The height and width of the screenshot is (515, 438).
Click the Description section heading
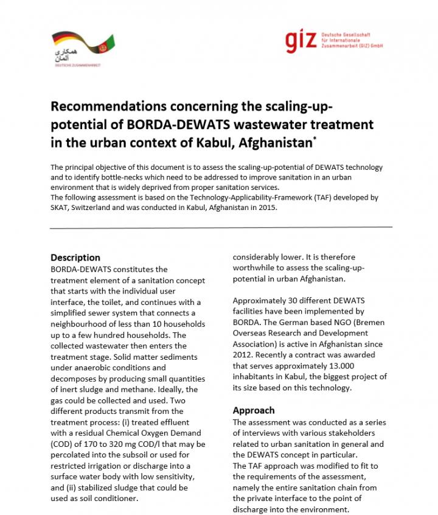click(x=75, y=257)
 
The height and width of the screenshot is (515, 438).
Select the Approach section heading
click(x=254, y=410)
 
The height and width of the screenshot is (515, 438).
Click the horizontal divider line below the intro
click(x=221, y=228)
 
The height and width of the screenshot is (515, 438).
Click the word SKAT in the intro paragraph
click(x=60, y=207)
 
